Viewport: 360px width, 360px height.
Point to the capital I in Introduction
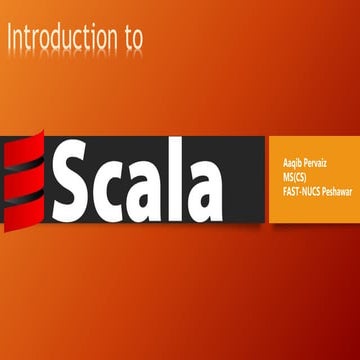point(9,37)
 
